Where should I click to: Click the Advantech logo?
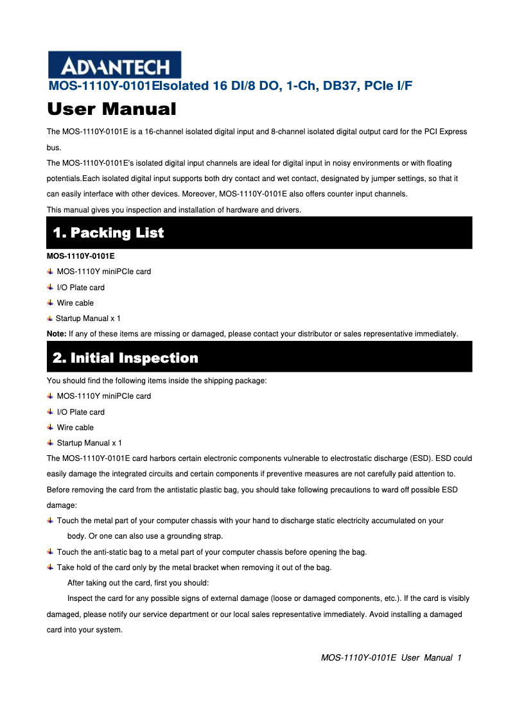tap(114, 65)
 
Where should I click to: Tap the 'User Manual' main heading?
tap(112, 109)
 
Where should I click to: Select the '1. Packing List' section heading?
tap(109, 232)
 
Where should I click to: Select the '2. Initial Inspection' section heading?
tap(126, 358)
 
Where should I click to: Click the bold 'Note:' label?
tap(57, 334)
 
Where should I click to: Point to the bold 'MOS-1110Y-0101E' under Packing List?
tap(81, 256)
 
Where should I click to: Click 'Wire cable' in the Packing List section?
tap(75, 303)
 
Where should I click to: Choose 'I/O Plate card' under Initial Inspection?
tap(81, 412)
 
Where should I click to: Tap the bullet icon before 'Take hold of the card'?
tap(51, 568)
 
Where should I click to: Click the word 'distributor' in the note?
tap(311, 334)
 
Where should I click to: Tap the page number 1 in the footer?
tap(460, 658)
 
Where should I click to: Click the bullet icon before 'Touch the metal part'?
tap(51, 521)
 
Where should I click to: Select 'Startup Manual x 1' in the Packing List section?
tap(88, 318)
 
